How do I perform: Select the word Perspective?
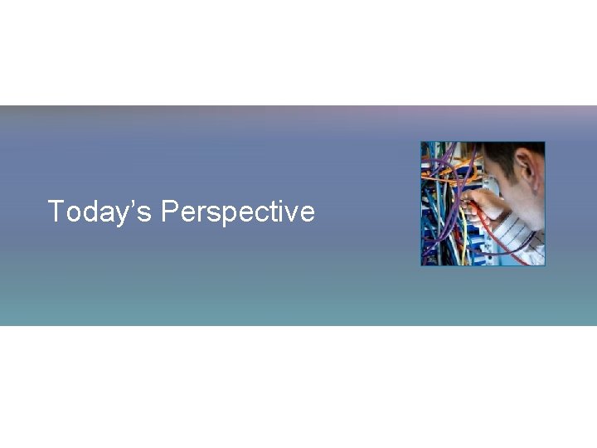pos(238,212)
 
